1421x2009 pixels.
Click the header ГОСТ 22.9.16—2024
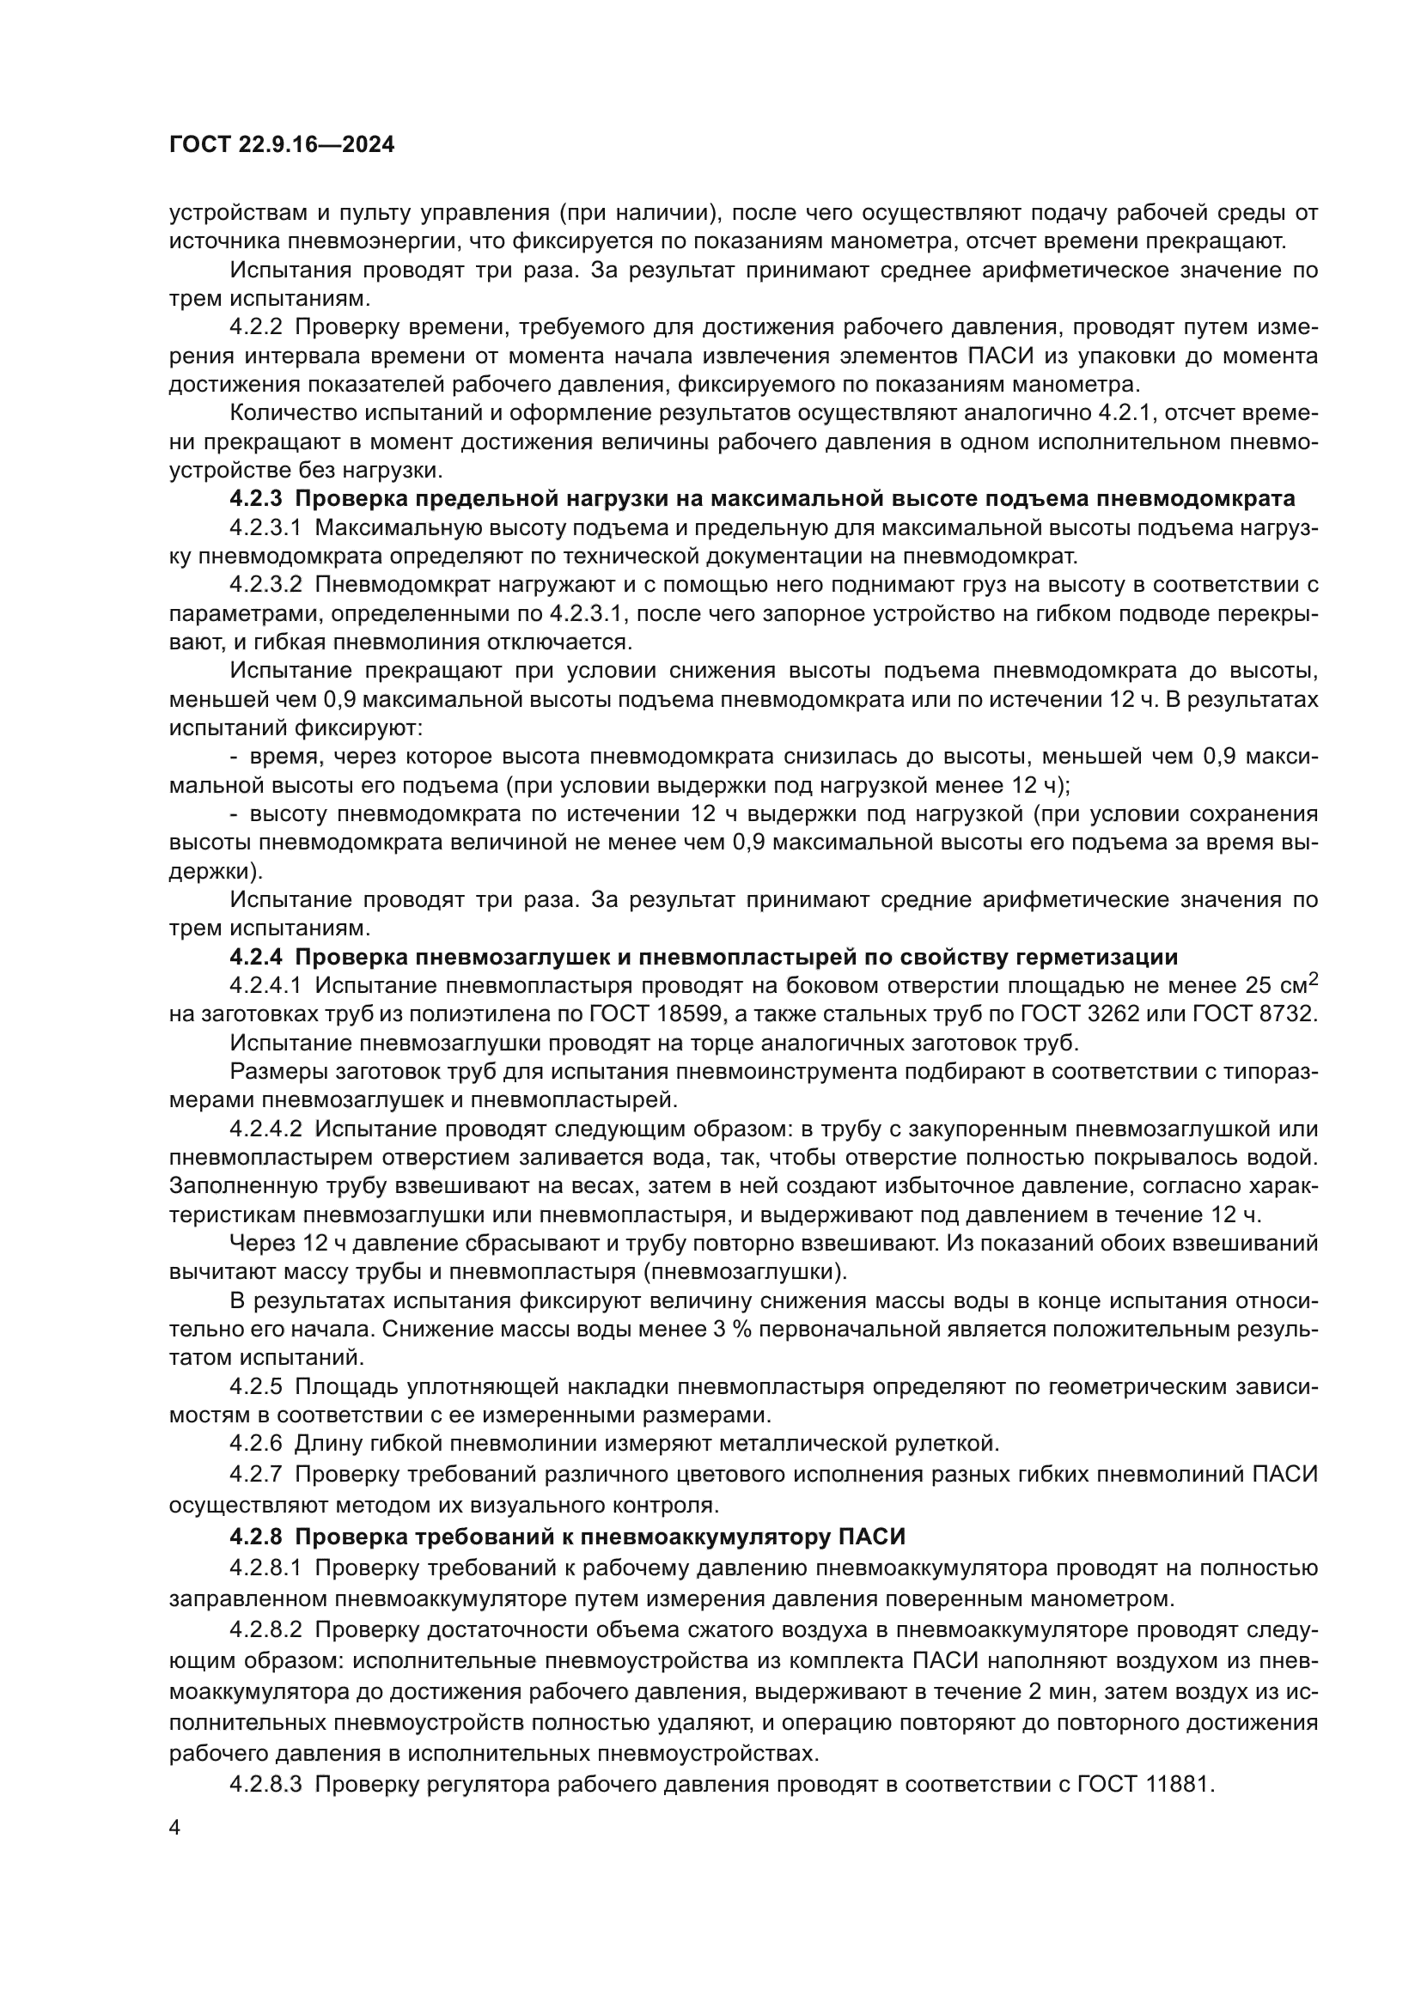pyautogui.click(x=281, y=144)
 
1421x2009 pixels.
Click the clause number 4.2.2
pyautogui.click(x=255, y=327)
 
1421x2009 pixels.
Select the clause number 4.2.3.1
pyautogui.click(x=265, y=527)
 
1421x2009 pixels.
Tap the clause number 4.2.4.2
pyautogui.click(x=265, y=1129)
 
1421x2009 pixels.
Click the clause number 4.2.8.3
pyautogui.click(x=265, y=1784)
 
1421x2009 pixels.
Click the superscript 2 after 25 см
pyautogui.click(x=1313, y=979)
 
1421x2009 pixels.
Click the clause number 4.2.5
pyautogui.click(x=255, y=1386)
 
